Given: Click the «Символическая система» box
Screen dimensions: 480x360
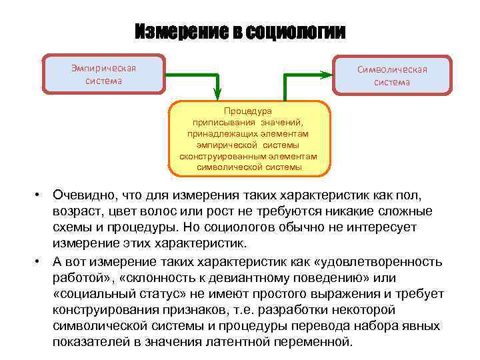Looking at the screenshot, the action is click(391, 75).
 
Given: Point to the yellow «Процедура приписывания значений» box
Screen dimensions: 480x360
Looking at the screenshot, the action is click(249, 139).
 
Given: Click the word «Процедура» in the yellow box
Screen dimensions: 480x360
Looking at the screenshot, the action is click(249, 111).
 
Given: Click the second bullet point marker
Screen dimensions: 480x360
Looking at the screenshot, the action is click(39, 259).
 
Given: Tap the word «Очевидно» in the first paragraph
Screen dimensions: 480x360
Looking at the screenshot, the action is click(83, 195).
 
